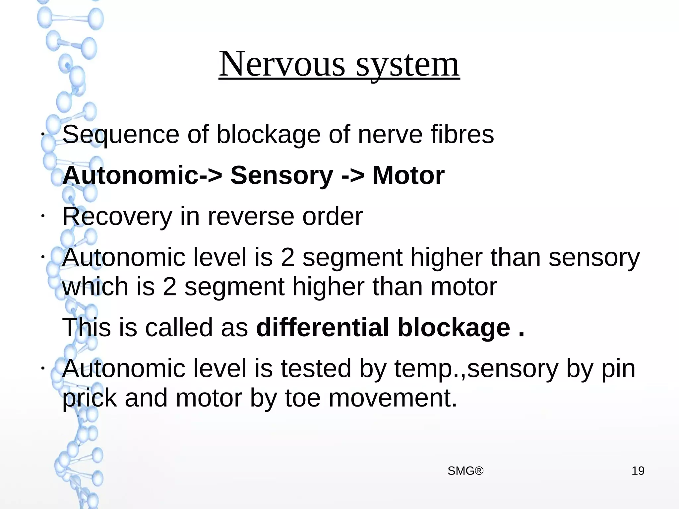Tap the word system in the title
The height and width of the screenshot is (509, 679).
407,65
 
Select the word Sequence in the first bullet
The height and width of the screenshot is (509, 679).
121,135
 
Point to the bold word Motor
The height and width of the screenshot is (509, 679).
408,175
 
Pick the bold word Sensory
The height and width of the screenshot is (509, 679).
281,175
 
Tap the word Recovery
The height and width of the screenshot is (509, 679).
117,217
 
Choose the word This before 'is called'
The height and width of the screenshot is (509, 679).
86,328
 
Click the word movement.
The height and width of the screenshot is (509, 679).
393,398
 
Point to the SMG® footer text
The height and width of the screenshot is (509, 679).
465,471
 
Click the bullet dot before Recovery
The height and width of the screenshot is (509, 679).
43,216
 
